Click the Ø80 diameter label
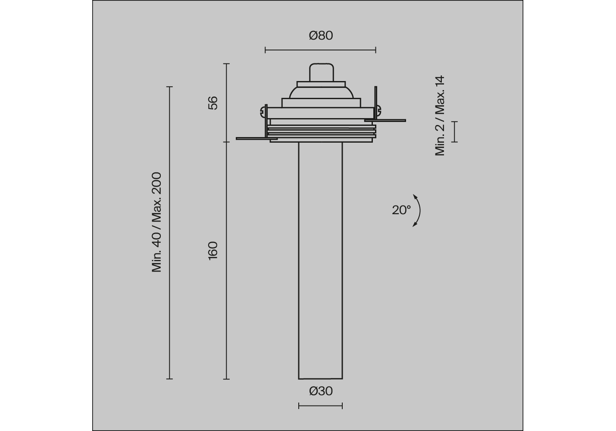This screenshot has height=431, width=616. pyautogui.click(x=321, y=36)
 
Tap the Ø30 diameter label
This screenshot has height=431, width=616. pyautogui.click(x=321, y=391)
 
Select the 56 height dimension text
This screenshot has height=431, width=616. pyautogui.click(x=213, y=103)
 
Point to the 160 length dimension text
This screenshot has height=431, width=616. pyautogui.click(x=213, y=250)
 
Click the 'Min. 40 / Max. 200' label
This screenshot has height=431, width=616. pyautogui.click(x=156, y=222)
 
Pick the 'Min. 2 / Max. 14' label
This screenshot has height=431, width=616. pyautogui.click(x=440, y=116)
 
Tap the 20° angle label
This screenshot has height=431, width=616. pyautogui.click(x=401, y=210)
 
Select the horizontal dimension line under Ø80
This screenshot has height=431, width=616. pyautogui.click(x=320, y=50)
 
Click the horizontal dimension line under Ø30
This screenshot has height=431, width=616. pyautogui.click(x=320, y=406)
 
